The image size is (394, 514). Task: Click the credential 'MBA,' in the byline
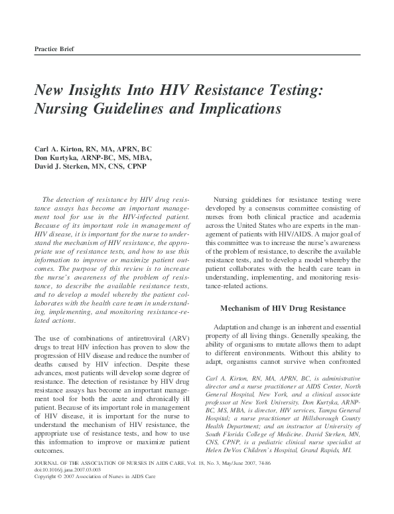click(x=141, y=158)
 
